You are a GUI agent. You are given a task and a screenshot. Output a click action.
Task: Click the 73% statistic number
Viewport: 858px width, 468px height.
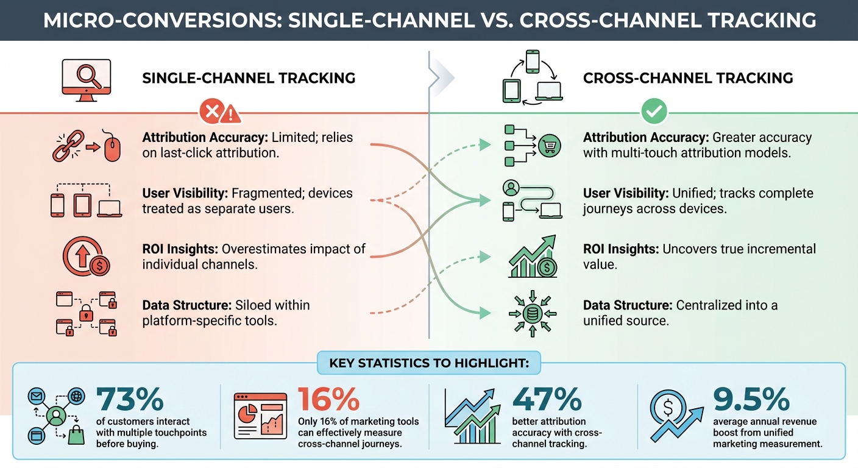[x=130, y=400]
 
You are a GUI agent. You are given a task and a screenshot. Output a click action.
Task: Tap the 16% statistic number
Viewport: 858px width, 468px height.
[x=328, y=400]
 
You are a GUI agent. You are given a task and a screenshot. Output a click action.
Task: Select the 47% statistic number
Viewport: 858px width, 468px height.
[x=547, y=400]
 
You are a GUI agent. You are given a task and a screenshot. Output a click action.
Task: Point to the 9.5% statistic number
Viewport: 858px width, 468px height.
[x=751, y=400]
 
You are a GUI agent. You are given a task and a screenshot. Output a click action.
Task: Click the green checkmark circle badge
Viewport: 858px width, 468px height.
[x=654, y=112]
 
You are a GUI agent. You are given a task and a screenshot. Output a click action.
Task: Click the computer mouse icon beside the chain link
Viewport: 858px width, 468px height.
[x=113, y=147]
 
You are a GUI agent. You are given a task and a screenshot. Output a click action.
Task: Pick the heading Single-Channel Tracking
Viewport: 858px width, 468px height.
[x=249, y=78]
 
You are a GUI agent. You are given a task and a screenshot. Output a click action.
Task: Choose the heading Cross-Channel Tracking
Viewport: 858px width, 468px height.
[x=688, y=78]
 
